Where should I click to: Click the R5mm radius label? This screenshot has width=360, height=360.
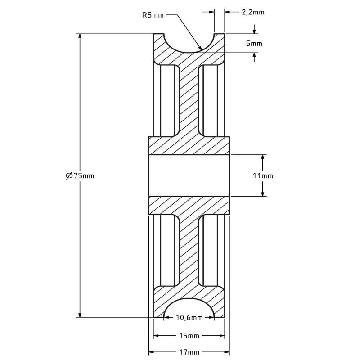pos(153,15)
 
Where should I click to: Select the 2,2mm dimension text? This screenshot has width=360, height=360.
pos(253,12)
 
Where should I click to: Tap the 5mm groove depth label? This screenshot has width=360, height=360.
pos(254,44)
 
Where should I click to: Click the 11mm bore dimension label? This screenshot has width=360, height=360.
pos(263,176)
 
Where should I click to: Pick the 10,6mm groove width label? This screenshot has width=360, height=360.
pos(189,318)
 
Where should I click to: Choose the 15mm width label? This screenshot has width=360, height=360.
pos(189,336)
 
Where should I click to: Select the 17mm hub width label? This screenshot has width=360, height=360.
pos(189,352)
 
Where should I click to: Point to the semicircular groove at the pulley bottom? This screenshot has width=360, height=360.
pos(189,309)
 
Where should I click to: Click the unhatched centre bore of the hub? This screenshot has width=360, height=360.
pos(189,175)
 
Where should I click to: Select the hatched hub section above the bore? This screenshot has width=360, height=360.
pos(189,146)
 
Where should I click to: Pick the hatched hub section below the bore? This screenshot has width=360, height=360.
pos(189,205)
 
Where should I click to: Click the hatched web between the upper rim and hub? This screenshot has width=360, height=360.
pos(189,99)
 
